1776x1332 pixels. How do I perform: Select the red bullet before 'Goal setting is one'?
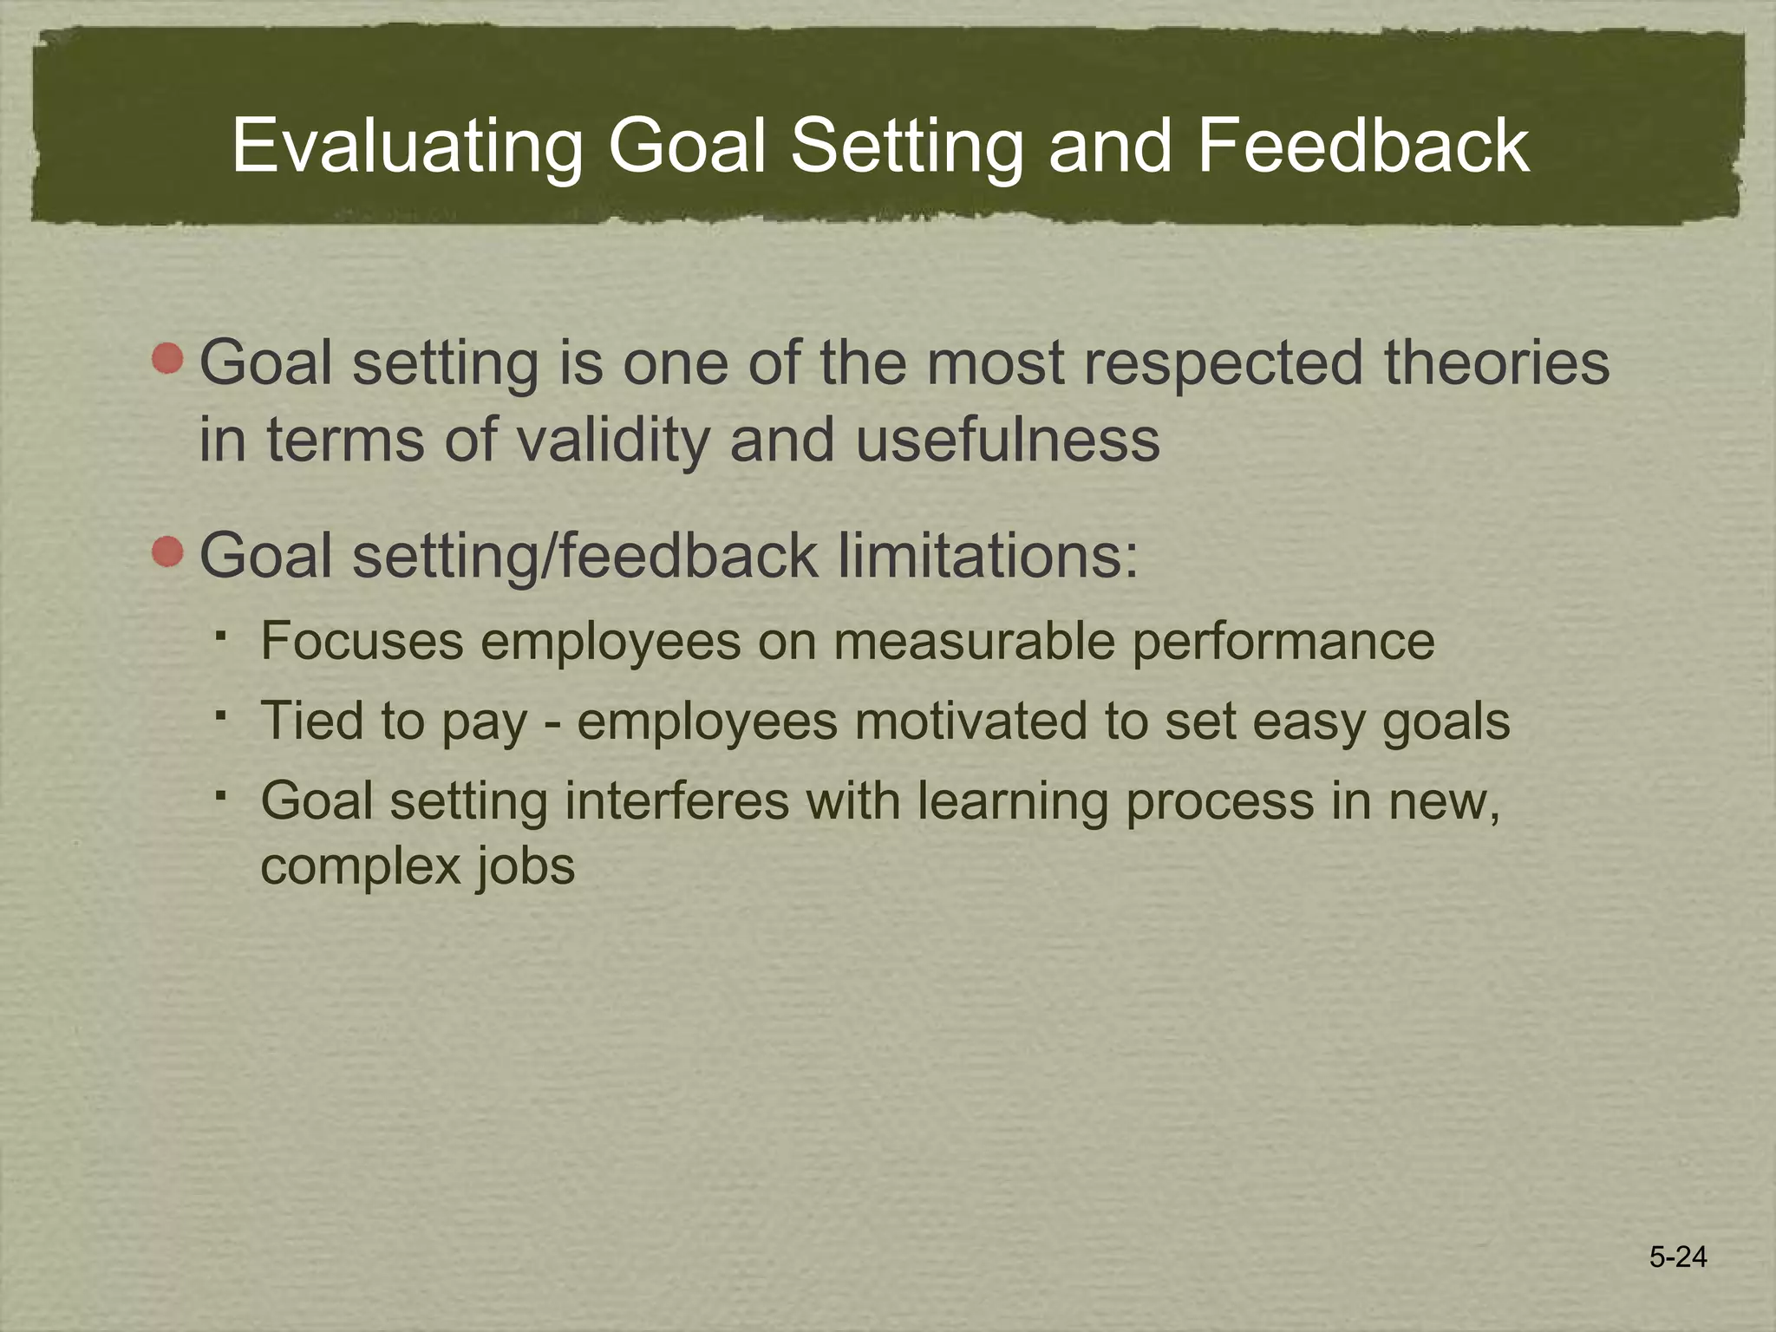167,358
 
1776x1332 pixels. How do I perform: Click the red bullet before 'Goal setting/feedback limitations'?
167,552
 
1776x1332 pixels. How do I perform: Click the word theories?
1497,362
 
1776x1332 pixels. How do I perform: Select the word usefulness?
1008,439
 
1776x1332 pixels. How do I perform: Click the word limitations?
988,555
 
